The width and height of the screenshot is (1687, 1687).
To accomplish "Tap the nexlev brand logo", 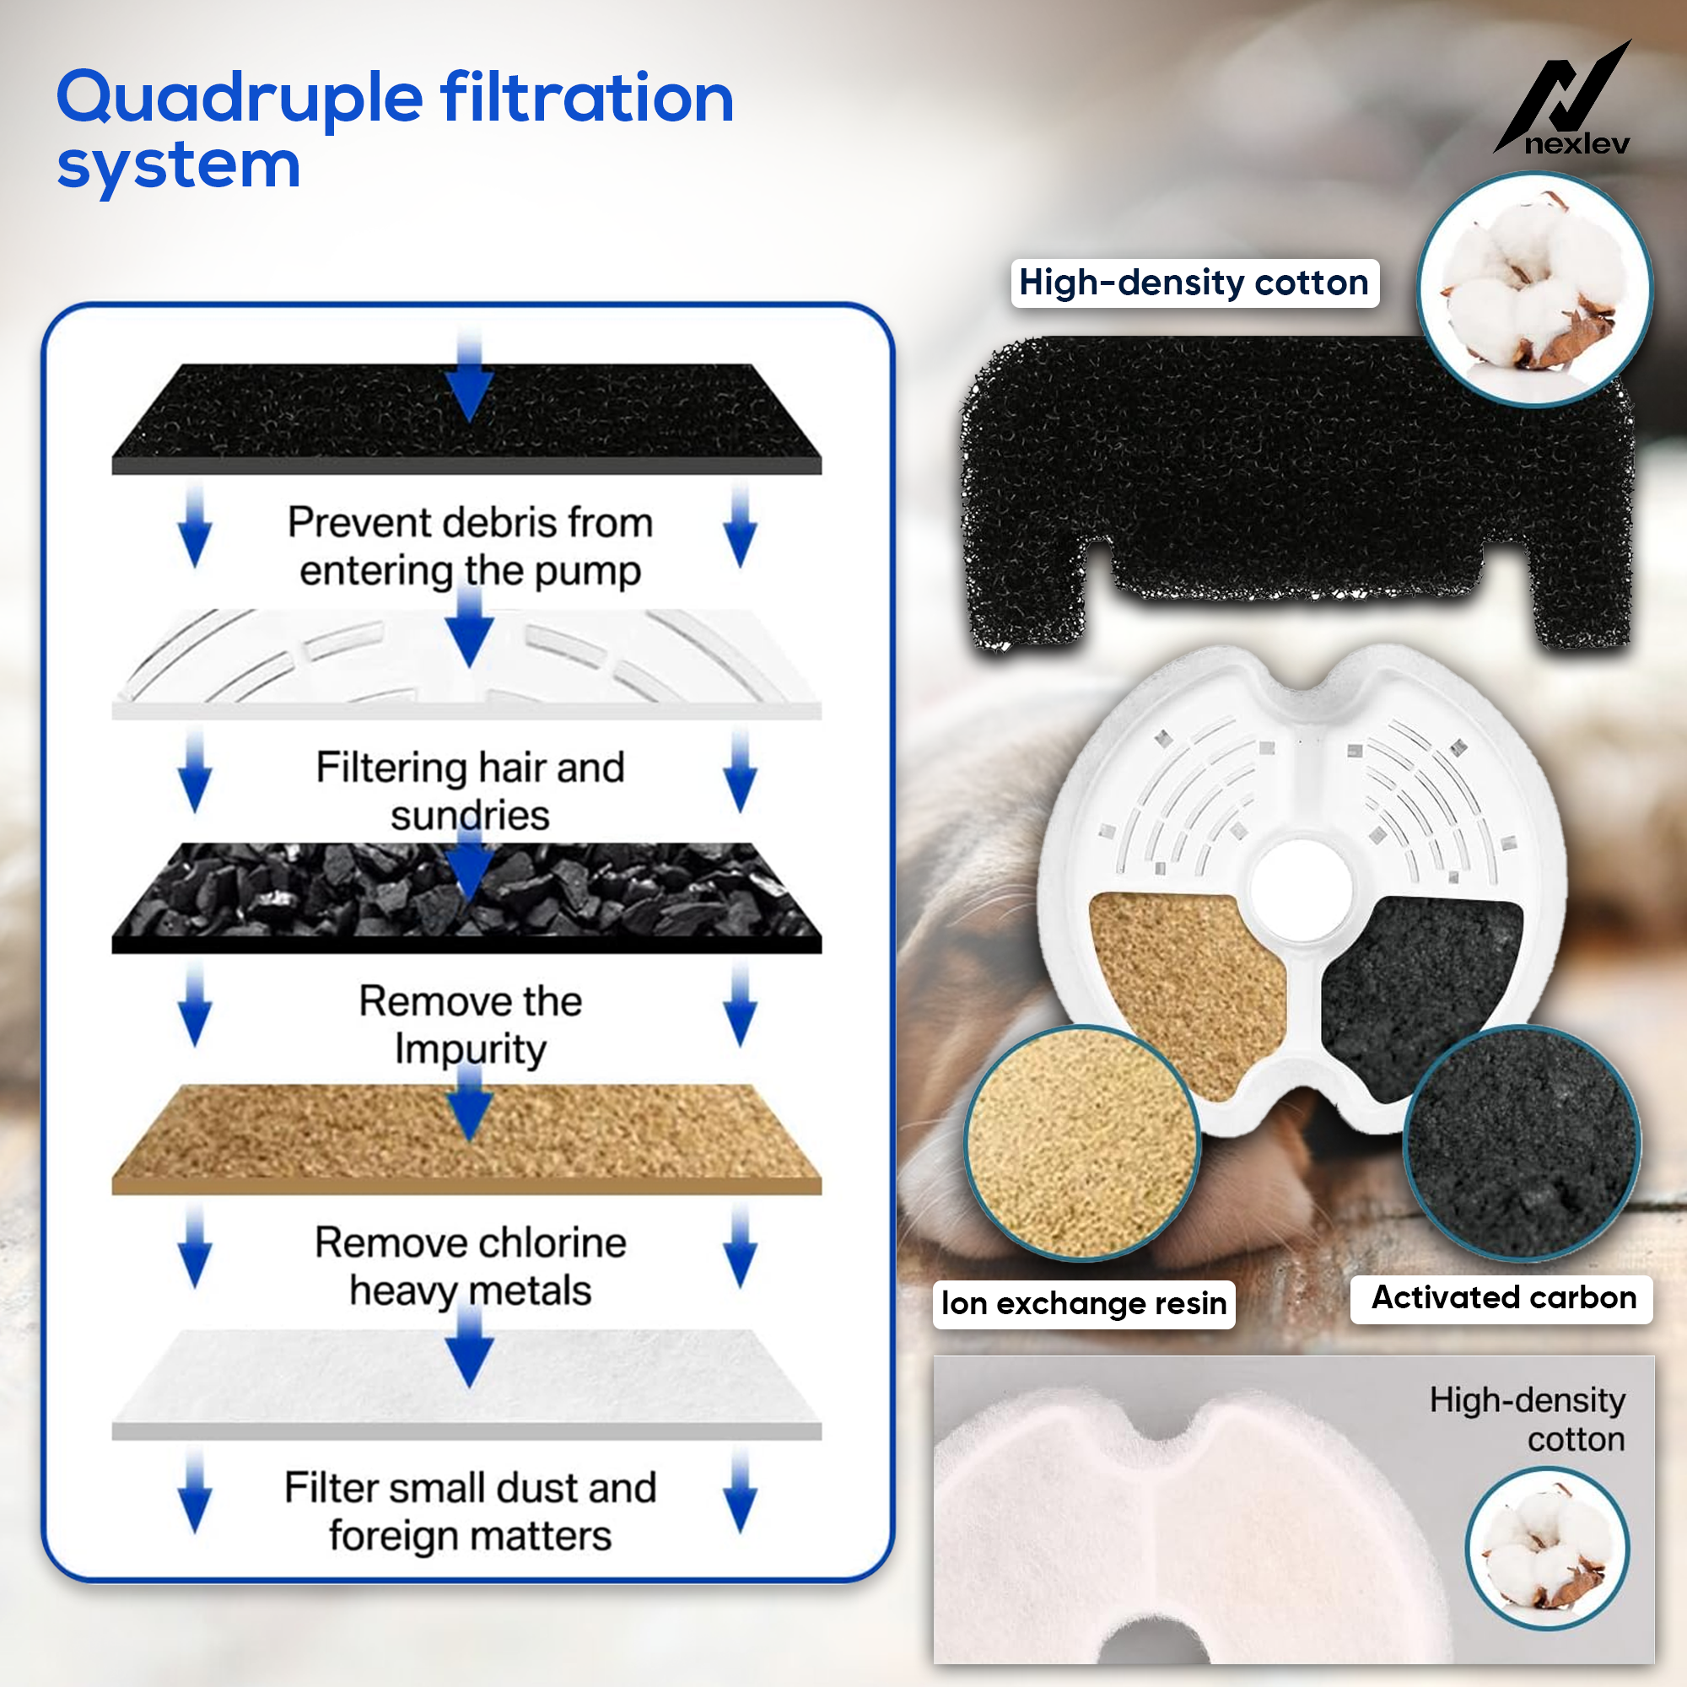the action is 1562,99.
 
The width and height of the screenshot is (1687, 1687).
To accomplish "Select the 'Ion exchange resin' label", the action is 1084,1305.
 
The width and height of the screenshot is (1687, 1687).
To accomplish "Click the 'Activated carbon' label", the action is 1502,1298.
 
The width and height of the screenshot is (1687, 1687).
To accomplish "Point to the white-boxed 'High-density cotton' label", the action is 1194,283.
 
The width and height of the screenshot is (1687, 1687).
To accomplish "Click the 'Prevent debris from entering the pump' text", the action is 470,547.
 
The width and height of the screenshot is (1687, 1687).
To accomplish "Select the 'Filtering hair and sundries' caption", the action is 470,791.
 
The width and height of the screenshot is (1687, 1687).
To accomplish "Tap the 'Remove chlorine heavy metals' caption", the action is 470,1266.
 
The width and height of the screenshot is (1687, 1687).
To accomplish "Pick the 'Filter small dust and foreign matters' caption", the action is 470,1512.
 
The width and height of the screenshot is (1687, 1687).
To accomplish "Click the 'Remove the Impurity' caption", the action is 470,1024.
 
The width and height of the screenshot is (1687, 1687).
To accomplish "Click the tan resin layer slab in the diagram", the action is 466,1139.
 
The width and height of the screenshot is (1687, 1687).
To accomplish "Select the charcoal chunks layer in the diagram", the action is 466,897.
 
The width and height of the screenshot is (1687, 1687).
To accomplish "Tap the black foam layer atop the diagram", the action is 466,419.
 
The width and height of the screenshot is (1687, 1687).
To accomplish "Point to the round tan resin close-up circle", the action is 1083,1143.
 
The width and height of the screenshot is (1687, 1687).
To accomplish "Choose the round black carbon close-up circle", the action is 1521,1143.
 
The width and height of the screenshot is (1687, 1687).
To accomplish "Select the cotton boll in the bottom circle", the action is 1546,1548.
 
